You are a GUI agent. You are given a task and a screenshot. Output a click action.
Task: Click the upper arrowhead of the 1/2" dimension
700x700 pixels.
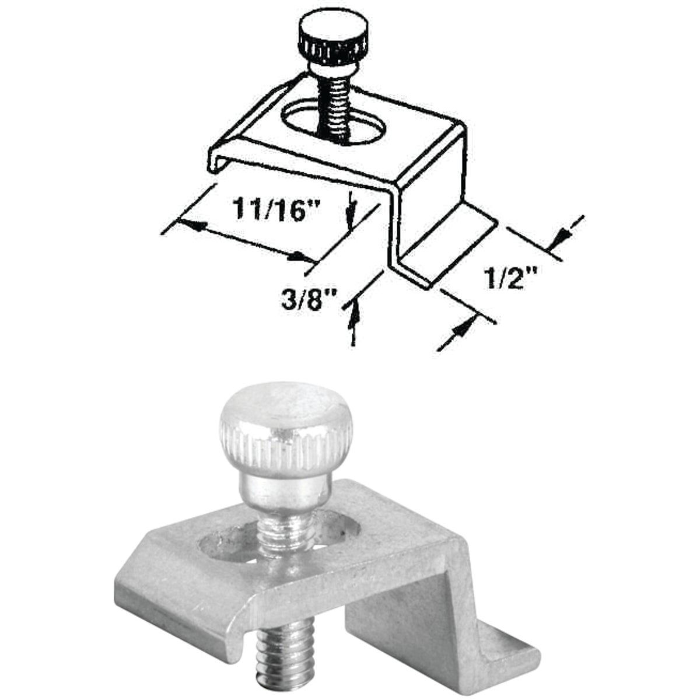coord(557,236)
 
